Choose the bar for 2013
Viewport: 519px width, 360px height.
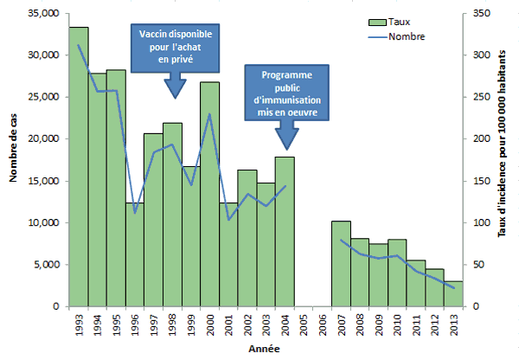click(453, 293)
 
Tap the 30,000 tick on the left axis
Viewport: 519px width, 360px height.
click(45, 55)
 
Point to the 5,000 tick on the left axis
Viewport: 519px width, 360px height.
click(47, 265)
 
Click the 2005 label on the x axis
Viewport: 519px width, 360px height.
click(304, 327)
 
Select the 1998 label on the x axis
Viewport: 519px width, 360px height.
click(172, 327)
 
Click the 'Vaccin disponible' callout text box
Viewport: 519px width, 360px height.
click(176, 48)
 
